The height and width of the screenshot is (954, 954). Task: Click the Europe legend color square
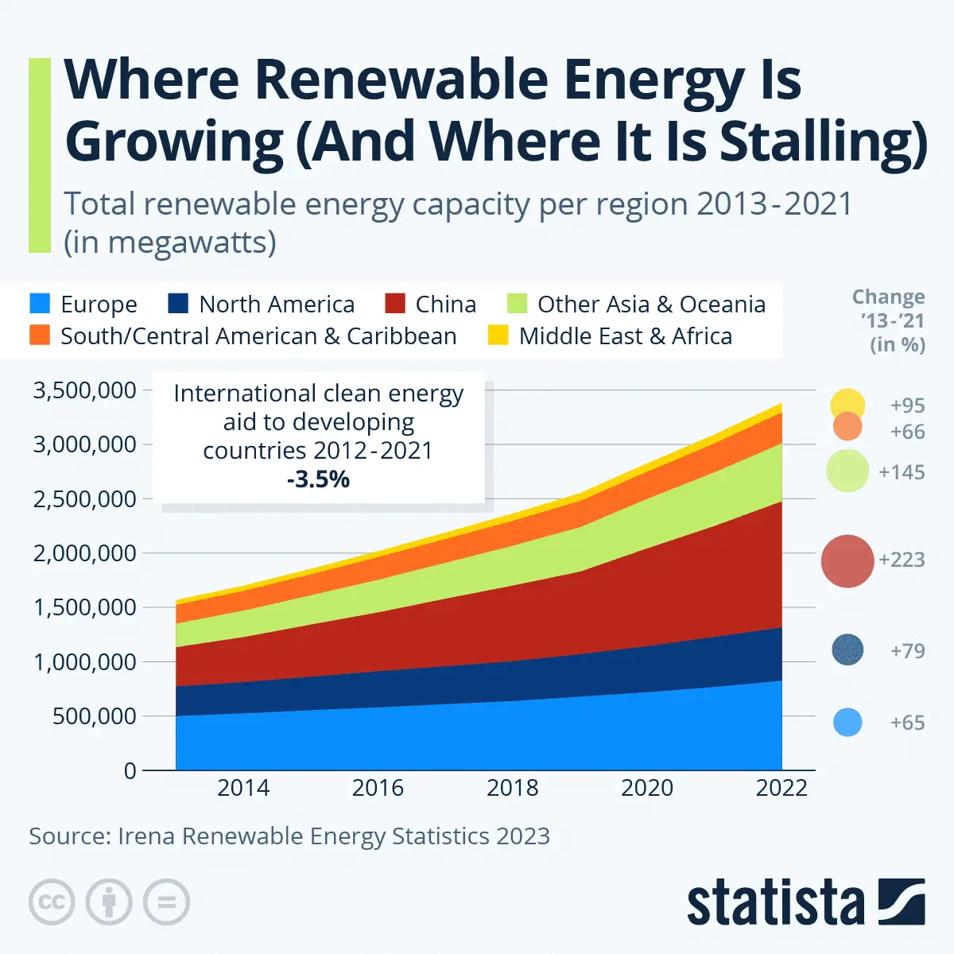coord(40,304)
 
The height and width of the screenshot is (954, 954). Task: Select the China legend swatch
coord(395,304)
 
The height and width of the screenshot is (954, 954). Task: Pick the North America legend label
coord(277,304)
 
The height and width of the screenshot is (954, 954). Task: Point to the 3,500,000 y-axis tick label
coord(84,390)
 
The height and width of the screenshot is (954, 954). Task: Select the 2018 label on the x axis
coord(512,788)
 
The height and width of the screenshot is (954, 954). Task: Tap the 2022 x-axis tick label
coord(781,788)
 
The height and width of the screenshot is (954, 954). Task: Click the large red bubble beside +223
coord(847,561)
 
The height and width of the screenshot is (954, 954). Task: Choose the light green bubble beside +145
coord(847,471)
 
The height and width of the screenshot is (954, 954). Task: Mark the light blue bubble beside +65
coord(847,723)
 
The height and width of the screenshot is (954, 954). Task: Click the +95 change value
coord(907,405)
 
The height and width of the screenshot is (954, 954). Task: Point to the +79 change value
coord(907,651)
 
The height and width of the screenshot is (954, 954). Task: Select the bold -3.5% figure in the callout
coord(318,479)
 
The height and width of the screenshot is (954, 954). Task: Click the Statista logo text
coord(775,904)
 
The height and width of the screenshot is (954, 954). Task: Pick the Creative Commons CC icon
coord(52,902)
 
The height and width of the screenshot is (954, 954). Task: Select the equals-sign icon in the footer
coord(166,902)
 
